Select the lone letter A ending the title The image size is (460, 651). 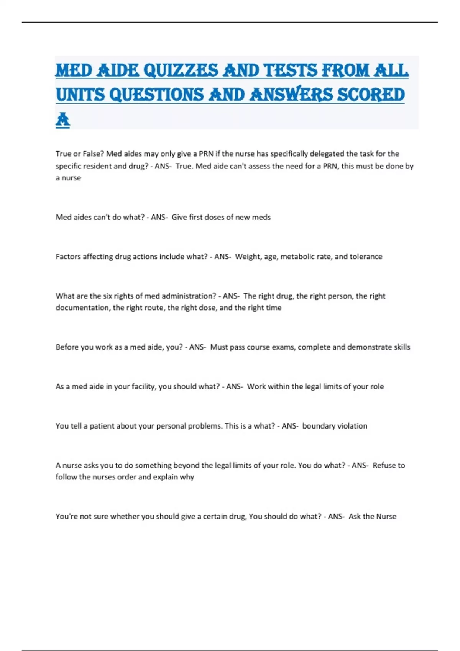(x=63, y=120)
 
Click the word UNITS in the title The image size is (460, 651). (x=80, y=95)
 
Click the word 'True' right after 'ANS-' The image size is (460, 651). (x=183, y=166)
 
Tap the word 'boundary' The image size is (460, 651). (x=318, y=426)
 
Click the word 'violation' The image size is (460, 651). (x=352, y=426)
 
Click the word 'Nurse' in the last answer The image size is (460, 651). (x=386, y=516)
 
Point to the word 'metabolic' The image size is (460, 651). (x=297, y=257)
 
